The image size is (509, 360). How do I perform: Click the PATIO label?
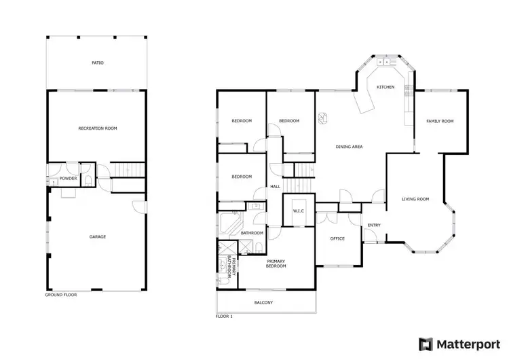(98, 62)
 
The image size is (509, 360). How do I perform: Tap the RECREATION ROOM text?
(98, 128)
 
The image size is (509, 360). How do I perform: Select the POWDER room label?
(68, 179)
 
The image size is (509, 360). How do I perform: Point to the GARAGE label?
(98, 236)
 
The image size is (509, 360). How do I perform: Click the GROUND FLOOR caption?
(59, 295)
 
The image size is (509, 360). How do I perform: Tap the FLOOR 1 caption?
(224, 317)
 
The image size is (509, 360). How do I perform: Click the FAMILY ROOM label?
(439, 121)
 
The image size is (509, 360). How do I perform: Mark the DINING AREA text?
(349, 146)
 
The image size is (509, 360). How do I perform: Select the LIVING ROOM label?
(415, 199)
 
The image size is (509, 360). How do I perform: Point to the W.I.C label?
(298, 211)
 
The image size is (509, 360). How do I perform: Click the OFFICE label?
(337, 238)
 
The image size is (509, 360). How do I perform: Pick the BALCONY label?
(264, 302)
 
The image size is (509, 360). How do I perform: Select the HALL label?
(275, 186)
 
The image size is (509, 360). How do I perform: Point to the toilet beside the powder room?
(89, 179)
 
